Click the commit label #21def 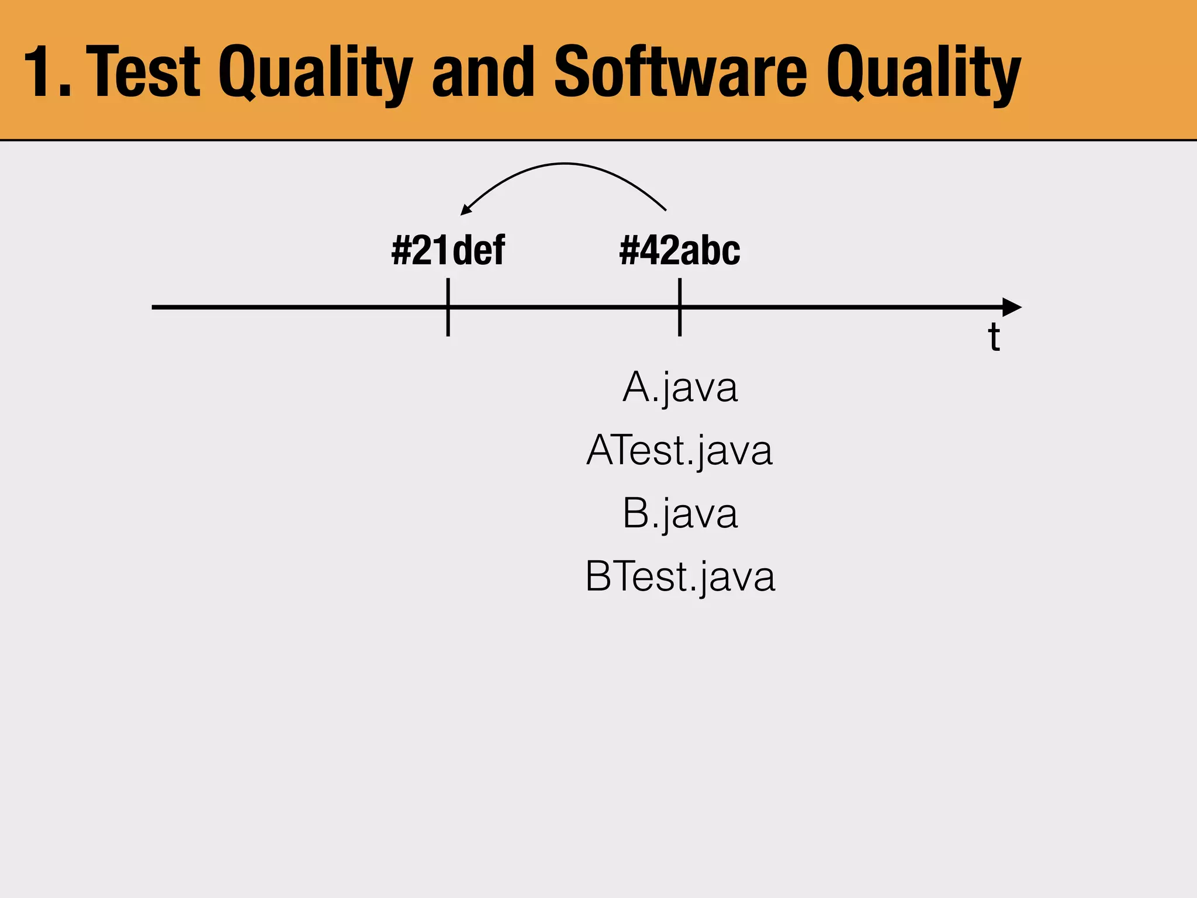point(448,251)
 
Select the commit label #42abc point(679,251)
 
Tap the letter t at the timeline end point(994,337)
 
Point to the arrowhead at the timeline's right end point(1012,307)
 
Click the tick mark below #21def point(448,308)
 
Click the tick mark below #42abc point(680,308)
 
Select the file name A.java point(680,387)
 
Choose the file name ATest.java point(680,450)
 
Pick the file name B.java point(680,513)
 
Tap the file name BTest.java point(680,576)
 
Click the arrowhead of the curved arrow point(465,210)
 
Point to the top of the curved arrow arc point(564,164)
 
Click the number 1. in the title point(47,72)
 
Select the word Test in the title point(147,72)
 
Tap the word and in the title point(483,72)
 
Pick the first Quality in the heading point(315,72)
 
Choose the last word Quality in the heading point(923,72)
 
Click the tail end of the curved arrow point(665,209)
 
